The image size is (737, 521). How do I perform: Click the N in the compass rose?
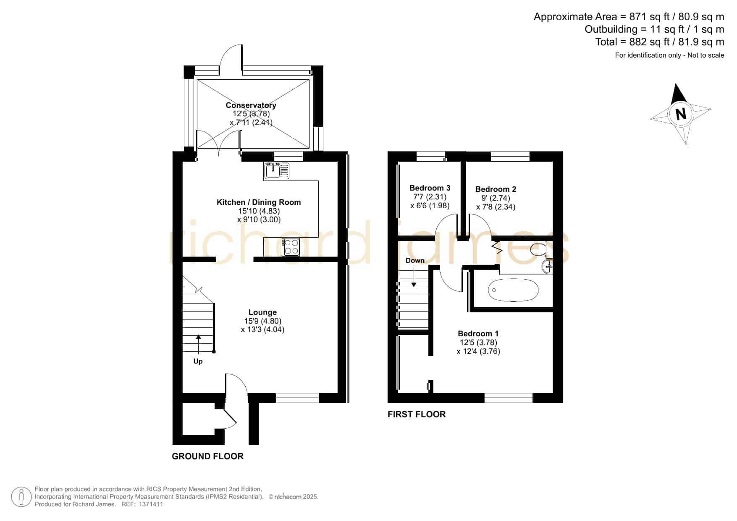click(681, 114)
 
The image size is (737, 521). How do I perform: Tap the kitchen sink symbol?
click(277, 170)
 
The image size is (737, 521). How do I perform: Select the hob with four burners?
click(291, 247)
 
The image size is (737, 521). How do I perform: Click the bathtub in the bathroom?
click(513, 290)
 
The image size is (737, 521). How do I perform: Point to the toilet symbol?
click(539, 249)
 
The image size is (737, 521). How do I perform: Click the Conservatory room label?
click(251, 105)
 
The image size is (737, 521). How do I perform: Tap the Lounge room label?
click(262, 312)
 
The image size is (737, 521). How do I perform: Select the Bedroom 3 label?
click(430, 188)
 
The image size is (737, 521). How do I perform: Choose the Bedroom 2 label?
click(496, 189)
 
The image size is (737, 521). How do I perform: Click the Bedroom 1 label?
click(478, 334)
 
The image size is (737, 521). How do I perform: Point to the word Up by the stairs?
click(198, 361)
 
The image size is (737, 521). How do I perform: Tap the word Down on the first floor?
click(415, 261)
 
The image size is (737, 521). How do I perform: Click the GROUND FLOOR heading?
click(208, 456)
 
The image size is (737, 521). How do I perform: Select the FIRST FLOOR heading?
click(417, 414)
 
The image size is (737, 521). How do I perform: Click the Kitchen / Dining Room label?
click(259, 202)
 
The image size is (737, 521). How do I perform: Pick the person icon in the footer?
click(21, 497)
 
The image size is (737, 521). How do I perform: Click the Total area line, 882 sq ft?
click(659, 42)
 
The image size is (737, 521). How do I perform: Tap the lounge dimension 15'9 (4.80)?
click(263, 321)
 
